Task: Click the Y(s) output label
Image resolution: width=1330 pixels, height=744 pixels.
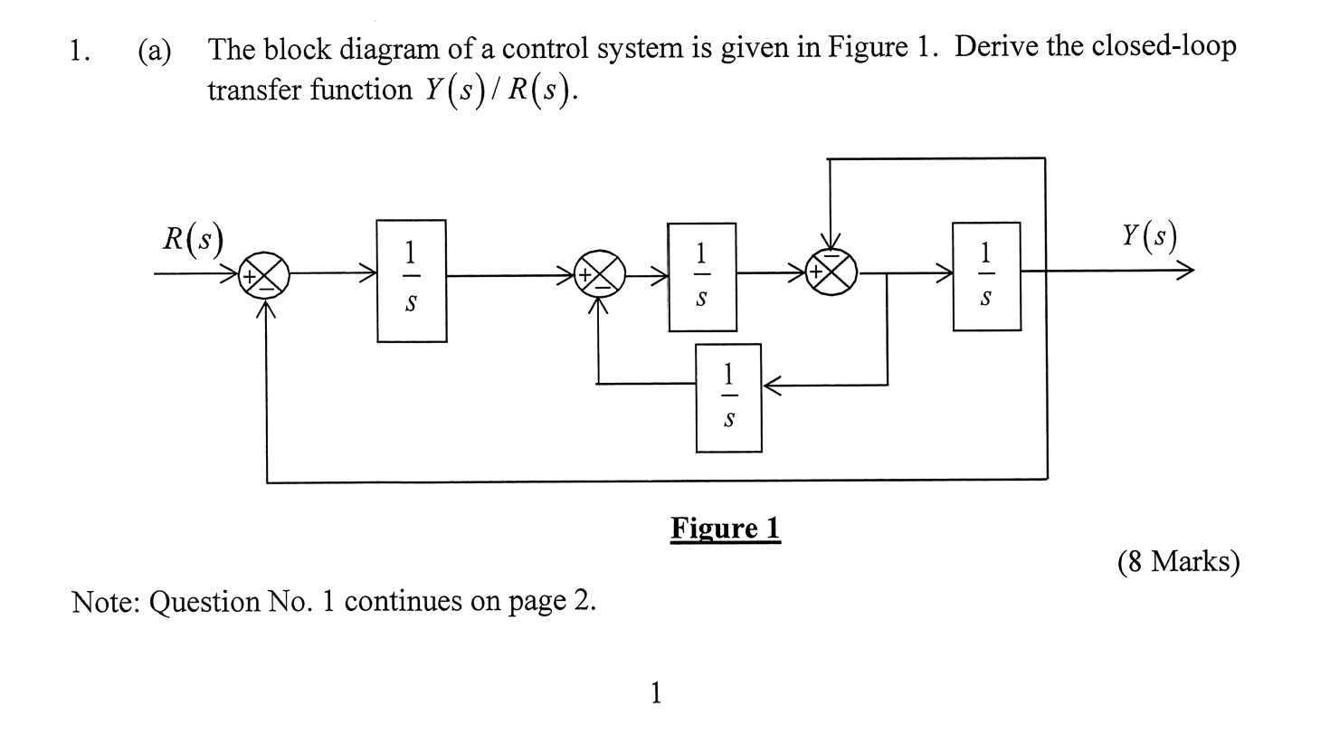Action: pyautogui.click(x=1149, y=236)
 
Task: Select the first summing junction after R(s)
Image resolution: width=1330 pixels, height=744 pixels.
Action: pyautogui.click(x=264, y=272)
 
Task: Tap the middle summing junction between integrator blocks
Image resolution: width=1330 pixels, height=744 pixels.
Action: pyautogui.click(x=602, y=272)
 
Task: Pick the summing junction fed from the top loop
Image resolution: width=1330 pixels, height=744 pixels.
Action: pyautogui.click(x=832, y=271)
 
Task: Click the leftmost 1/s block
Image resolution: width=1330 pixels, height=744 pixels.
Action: pyautogui.click(x=412, y=281)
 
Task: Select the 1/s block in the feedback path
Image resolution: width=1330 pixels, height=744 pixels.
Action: pyautogui.click(x=728, y=397)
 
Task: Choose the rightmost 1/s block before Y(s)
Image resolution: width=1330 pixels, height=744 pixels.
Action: pyautogui.click(x=986, y=276)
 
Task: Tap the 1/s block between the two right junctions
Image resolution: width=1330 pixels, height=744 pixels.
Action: pyautogui.click(x=702, y=277)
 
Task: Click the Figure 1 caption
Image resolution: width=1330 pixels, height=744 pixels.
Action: pyautogui.click(x=725, y=528)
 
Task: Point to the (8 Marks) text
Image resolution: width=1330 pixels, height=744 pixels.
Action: pyautogui.click(x=1178, y=562)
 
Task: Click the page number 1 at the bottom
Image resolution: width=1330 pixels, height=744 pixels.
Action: pyautogui.click(x=656, y=693)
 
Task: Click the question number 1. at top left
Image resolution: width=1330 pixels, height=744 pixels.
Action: pyautogui.click(x=80, y=51)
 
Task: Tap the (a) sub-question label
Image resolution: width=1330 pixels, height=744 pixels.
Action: pyautogui.click(x=154, y=51)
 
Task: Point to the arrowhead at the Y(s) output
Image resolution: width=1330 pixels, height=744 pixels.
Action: pyautogui.click(x=1187, y=270)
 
